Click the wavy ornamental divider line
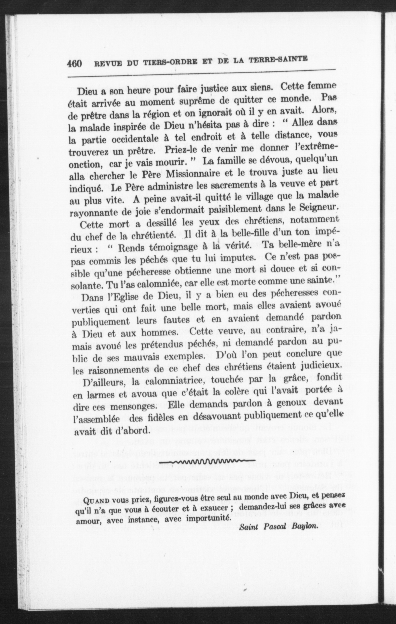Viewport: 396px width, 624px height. (207, 460)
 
